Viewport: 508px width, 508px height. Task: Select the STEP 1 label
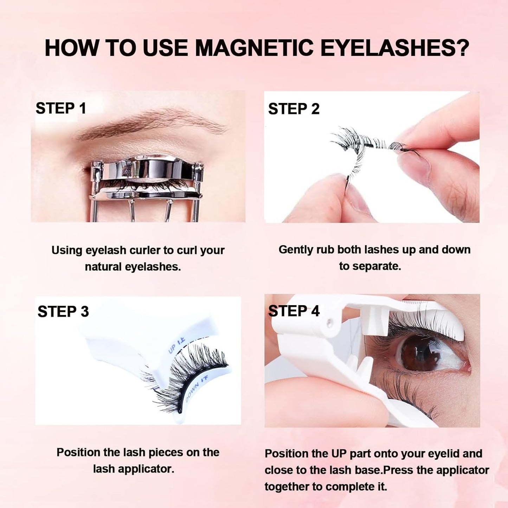[x=61, y=108]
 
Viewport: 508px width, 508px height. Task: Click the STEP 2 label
[x=294, y=109]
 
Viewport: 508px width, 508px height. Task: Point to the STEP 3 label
[x=63, y=311]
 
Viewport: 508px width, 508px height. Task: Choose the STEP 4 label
[x=294, y=311]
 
